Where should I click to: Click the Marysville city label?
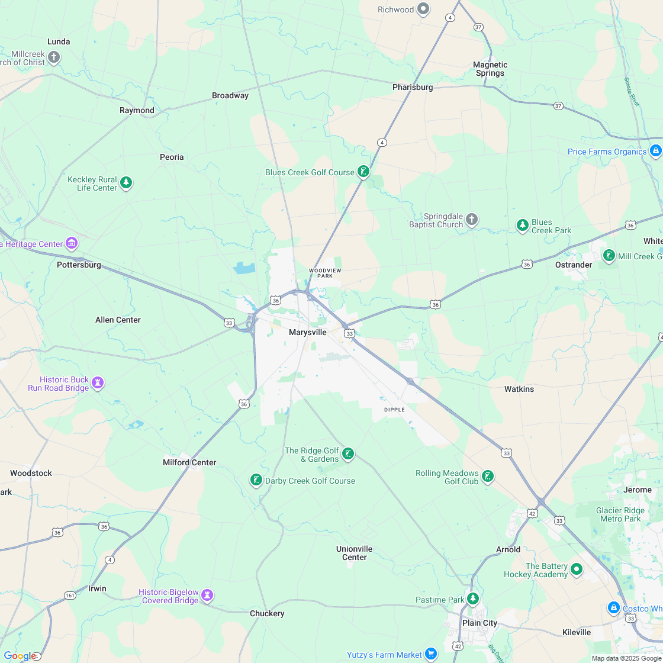pos(307,332)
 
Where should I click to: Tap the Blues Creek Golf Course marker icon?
pos(363,172)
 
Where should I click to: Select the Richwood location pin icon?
pos(423,9)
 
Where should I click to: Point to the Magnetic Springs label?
pos(490,69)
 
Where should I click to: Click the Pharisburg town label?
pos(413,87)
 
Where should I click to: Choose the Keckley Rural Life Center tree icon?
pos(126,182)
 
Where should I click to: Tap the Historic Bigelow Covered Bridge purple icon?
pos(207,594)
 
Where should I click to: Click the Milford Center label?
pos(189,462)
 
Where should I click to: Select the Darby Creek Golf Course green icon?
pos(256,479)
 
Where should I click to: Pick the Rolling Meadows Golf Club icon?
pos(487,477)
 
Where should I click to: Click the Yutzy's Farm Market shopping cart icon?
pos(431,654)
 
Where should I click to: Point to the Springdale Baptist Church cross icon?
pos(471,220)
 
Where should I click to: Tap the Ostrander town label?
pos(573,265)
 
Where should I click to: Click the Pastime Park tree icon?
pos(472,598)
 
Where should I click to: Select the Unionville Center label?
pos(355,553)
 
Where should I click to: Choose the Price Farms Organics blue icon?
pos(655,151)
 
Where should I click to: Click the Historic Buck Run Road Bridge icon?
pos(98,382)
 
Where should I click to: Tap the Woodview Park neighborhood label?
pos(325,273)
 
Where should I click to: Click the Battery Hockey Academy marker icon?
pos(576,569)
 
